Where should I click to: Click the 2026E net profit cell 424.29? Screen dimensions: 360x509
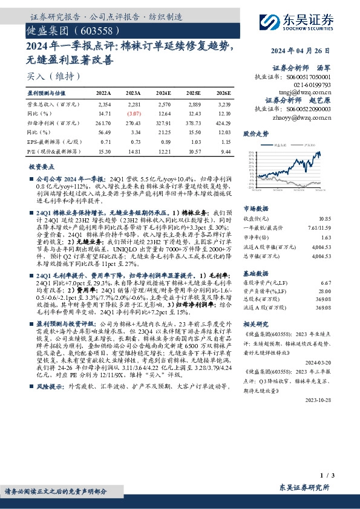point(222,123)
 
